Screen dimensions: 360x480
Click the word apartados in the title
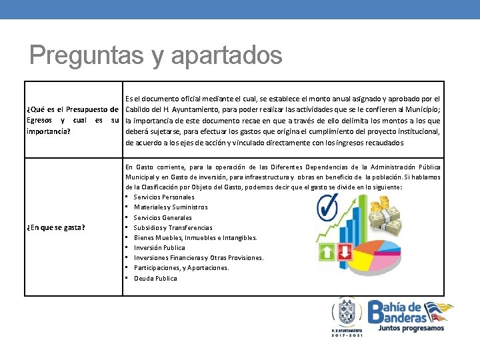(227, 56)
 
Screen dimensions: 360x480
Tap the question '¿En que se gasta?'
(55, 227)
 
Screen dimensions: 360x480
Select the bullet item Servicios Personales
(164, 197)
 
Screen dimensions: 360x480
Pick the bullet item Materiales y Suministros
(170, 207)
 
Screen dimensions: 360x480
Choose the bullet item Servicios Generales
(162, 217)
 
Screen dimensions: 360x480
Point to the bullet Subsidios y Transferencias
(173, 227)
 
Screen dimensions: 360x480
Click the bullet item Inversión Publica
(159, 247)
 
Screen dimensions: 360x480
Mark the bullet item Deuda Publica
(155, 278)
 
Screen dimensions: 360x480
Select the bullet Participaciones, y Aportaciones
(181, 268)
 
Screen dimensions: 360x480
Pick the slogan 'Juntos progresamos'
(411, 328)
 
